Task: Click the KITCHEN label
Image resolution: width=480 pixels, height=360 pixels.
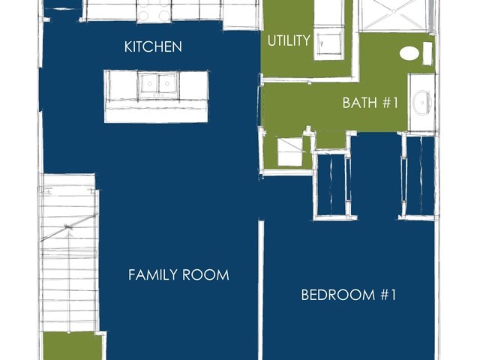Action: pyautogui.click(x=153, y=46)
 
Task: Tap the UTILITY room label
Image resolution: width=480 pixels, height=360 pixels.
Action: pyautogui.click(x=289, y=40)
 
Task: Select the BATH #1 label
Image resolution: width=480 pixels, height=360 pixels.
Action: pyautogui.click(x=370, y=103)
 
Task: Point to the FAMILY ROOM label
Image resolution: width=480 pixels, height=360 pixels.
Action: pyautogui.click(x=178, y=274)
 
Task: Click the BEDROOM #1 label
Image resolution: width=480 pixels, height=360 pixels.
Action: pyautogui.click(x=349, y=295)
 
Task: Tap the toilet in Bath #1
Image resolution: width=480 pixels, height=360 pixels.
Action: pyautogui.click(x=409, y=53)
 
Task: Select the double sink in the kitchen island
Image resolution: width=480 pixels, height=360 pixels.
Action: pyautogui.click(x=158, y=83)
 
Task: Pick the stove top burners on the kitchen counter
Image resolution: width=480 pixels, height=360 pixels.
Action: pyautogui.click(x=153, y=10)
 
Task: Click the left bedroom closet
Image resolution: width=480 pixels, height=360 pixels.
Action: pyautogui.click(x=331, y=184)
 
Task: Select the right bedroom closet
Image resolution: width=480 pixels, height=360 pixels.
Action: pyautogui.click(x=420, y=175)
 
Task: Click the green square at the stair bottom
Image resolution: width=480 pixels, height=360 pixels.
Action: pyautogui.click(x=72, y=346)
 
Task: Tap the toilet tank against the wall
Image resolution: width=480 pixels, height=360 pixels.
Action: pyautogui.click(x=427, y=53)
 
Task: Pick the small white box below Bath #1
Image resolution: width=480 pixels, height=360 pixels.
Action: pyautogui.click(x=290, y=151)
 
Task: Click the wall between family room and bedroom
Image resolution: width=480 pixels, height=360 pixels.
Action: pyautogui.click(x=261, y=290)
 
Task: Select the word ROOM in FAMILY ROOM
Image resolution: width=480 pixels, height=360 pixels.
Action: pyautogui.click(x=205, y=274)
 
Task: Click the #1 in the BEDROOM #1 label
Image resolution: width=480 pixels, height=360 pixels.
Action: pyautogui.click(x=388, y=295)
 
